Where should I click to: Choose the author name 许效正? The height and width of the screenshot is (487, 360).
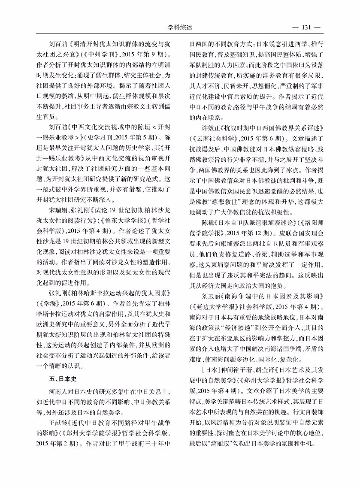(x=211, y=128)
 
